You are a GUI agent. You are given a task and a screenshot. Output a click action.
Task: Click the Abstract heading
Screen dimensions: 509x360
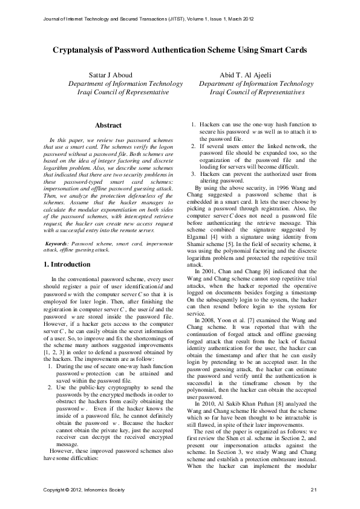point(109,125)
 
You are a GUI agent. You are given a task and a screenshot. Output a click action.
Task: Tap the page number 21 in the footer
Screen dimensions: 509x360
point(313,488)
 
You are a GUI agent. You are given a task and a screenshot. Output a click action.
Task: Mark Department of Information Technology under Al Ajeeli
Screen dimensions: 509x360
point(256,84)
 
